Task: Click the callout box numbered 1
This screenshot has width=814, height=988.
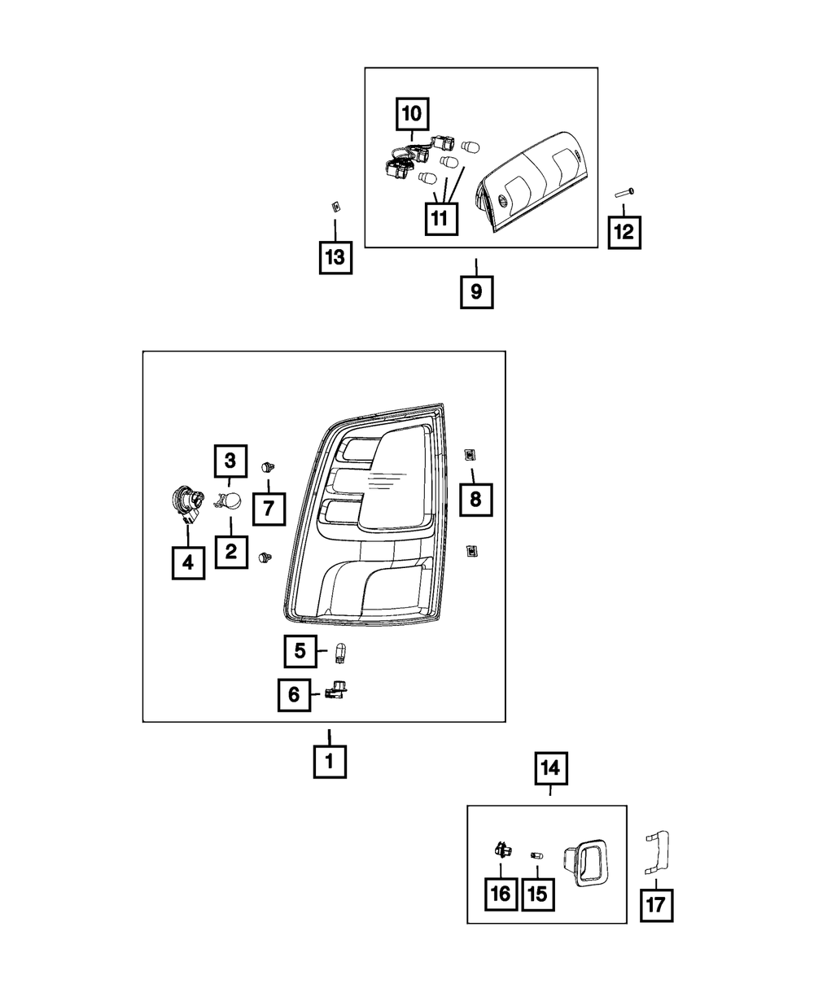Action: (330, 763)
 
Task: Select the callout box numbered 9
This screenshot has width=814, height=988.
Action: (476, 291)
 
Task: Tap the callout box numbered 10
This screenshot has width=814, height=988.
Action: (414, 114)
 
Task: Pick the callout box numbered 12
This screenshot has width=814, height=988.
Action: (624, 232)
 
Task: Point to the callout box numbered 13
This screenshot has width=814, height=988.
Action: (334, 258)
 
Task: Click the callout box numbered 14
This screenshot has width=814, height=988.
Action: (550, 767)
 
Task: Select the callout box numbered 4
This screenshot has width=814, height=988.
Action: (188, 562)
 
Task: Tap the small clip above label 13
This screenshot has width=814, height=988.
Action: (334, 206)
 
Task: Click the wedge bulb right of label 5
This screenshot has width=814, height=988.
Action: (343, 650)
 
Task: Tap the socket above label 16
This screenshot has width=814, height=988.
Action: (501, 853)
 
